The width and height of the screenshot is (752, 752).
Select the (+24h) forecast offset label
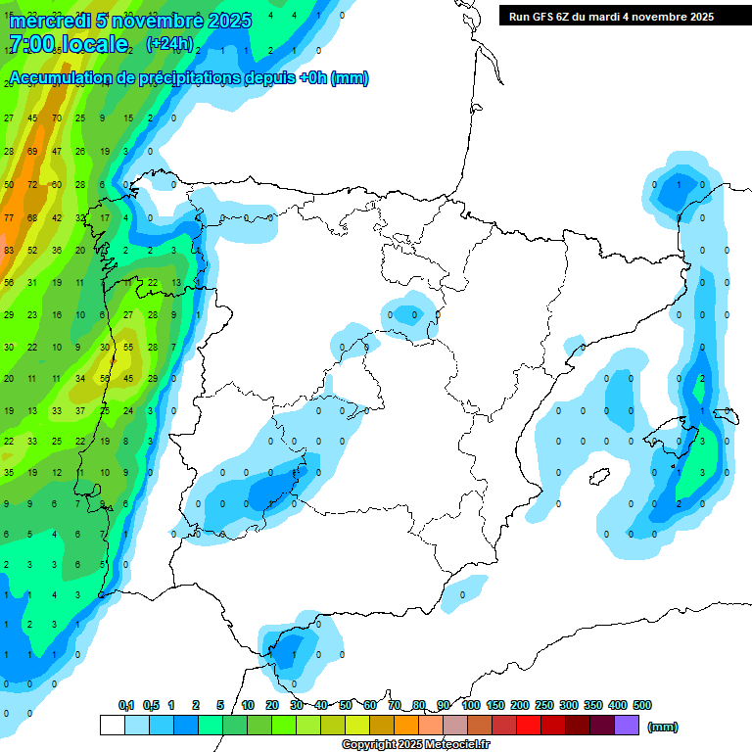click(169, 44)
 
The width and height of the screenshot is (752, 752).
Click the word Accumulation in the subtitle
click(60, 78)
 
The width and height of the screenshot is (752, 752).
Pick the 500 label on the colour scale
click(642, 705)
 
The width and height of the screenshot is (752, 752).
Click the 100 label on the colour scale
click(471, 705)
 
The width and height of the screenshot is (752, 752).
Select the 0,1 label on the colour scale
click(126, 705)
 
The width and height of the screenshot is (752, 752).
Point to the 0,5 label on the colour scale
click(151, 705)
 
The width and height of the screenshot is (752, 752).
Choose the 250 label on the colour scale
click(544, 705)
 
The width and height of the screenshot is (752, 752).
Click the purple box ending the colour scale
click(627, 725)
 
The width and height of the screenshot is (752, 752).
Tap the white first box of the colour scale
click(113, 725)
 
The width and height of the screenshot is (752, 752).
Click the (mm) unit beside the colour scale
click(663, 727)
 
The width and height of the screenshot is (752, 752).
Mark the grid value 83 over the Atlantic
click(9, 251)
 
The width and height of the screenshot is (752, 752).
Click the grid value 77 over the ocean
click(9, 217)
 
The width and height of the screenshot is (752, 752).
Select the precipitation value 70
click(57, 118)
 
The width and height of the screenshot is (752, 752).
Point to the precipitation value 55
click(128, 347)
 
